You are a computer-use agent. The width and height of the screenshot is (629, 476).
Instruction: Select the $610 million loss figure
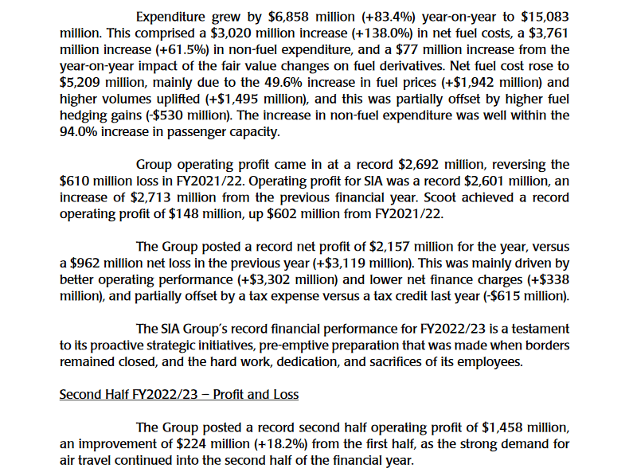[76, 181]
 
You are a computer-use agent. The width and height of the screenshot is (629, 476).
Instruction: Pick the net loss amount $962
[88, 263]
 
